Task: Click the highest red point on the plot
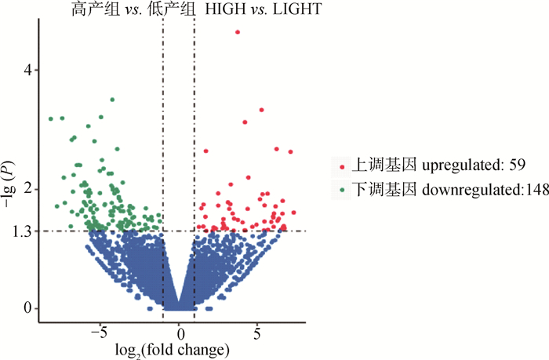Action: click(238, 32)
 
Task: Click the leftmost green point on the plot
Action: click(51, 118)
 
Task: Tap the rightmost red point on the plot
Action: click(290, 151)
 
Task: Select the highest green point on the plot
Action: click(112, 100)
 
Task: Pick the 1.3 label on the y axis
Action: click(22, 231)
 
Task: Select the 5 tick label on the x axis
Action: click(257, 331)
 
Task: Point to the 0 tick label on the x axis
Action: click(179, 331)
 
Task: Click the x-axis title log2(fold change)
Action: click(173, 348)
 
